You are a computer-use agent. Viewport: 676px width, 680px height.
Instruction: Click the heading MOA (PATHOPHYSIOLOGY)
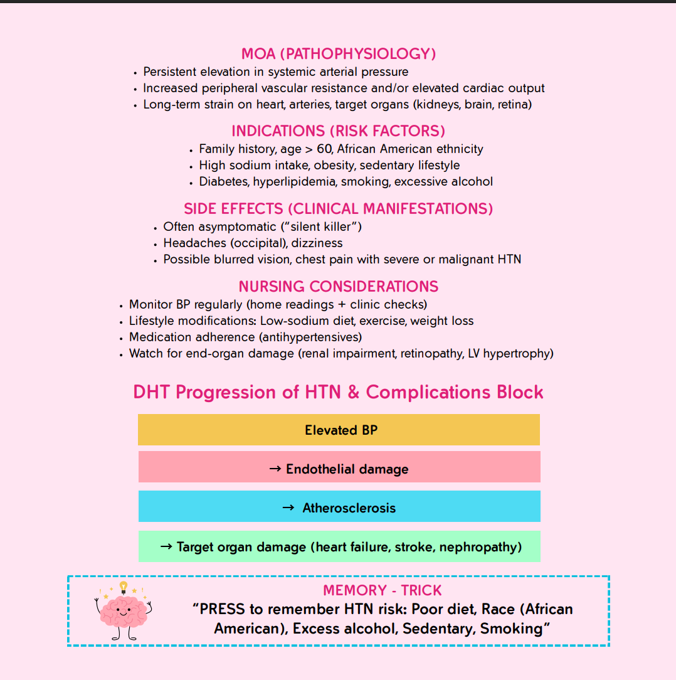point(339,53)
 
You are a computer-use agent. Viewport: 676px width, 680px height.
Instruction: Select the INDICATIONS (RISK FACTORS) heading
point(339,131)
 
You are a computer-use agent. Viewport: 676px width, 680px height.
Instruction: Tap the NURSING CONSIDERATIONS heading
point(339,287)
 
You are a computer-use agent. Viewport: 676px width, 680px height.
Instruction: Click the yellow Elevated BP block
point(339,430)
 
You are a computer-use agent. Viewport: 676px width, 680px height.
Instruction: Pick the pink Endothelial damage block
point(339,469)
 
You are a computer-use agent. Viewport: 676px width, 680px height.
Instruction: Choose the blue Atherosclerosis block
point(339,507)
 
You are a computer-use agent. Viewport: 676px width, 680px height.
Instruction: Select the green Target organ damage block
point(339,546)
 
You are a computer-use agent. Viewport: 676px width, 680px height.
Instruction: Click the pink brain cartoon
point(124,612)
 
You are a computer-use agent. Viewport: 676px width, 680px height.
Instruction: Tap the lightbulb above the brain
point(124,587)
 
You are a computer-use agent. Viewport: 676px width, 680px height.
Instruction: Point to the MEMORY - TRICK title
point(383,590)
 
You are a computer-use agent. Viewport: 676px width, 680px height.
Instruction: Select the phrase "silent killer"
point(321,226)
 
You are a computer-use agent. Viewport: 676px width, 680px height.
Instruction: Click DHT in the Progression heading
point(152,393)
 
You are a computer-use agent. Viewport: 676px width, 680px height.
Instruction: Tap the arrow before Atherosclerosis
point(288,507)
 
